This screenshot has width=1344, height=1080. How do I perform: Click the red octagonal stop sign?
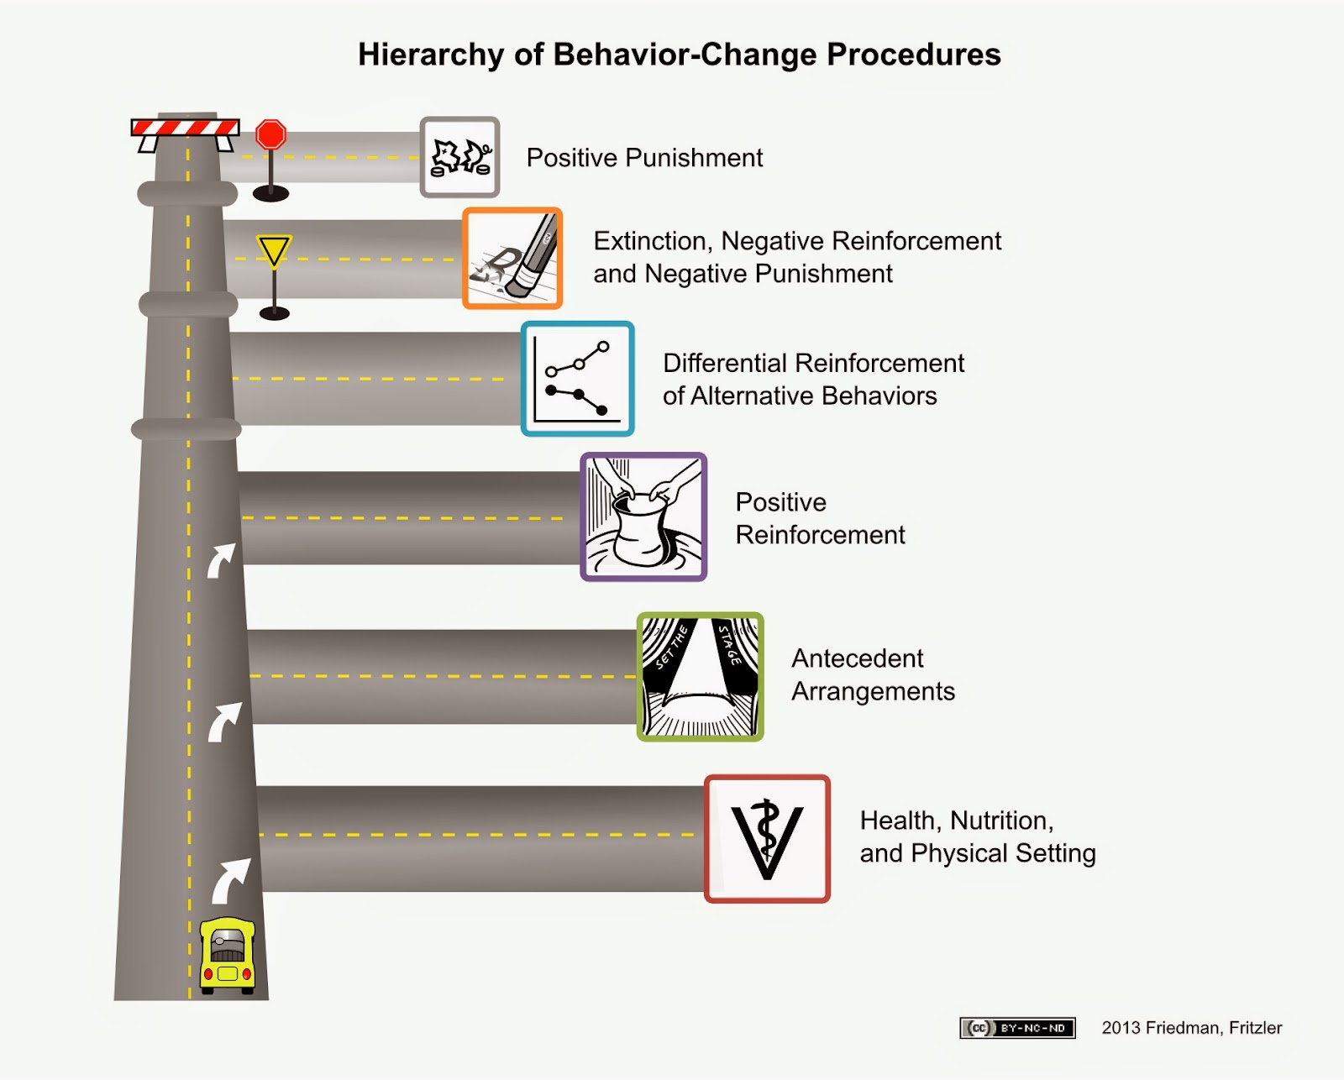(271, 134)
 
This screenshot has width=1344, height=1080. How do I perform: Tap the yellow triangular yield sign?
(274, 250)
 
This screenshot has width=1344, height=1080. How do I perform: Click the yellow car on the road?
(227, 955)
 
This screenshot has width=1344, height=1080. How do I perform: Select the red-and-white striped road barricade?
(186, 128)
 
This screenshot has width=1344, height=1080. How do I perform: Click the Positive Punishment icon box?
(459, 157)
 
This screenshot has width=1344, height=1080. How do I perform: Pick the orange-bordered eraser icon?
(512, 258)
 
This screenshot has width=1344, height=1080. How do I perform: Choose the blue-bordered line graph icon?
(578, 379)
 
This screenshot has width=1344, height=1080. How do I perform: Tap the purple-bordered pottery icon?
(643, 516)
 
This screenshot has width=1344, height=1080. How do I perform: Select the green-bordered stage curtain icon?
(700, 677)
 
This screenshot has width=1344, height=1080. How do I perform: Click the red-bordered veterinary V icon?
(767, 838)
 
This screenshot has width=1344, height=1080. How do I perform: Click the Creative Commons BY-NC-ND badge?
(1017, 1028)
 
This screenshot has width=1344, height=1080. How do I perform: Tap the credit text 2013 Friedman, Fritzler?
(1191, 1028)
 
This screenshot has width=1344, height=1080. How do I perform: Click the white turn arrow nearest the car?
(230, 878)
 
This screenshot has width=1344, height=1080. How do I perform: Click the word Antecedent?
(857, 658)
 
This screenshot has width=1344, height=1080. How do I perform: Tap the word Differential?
(725, 363)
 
